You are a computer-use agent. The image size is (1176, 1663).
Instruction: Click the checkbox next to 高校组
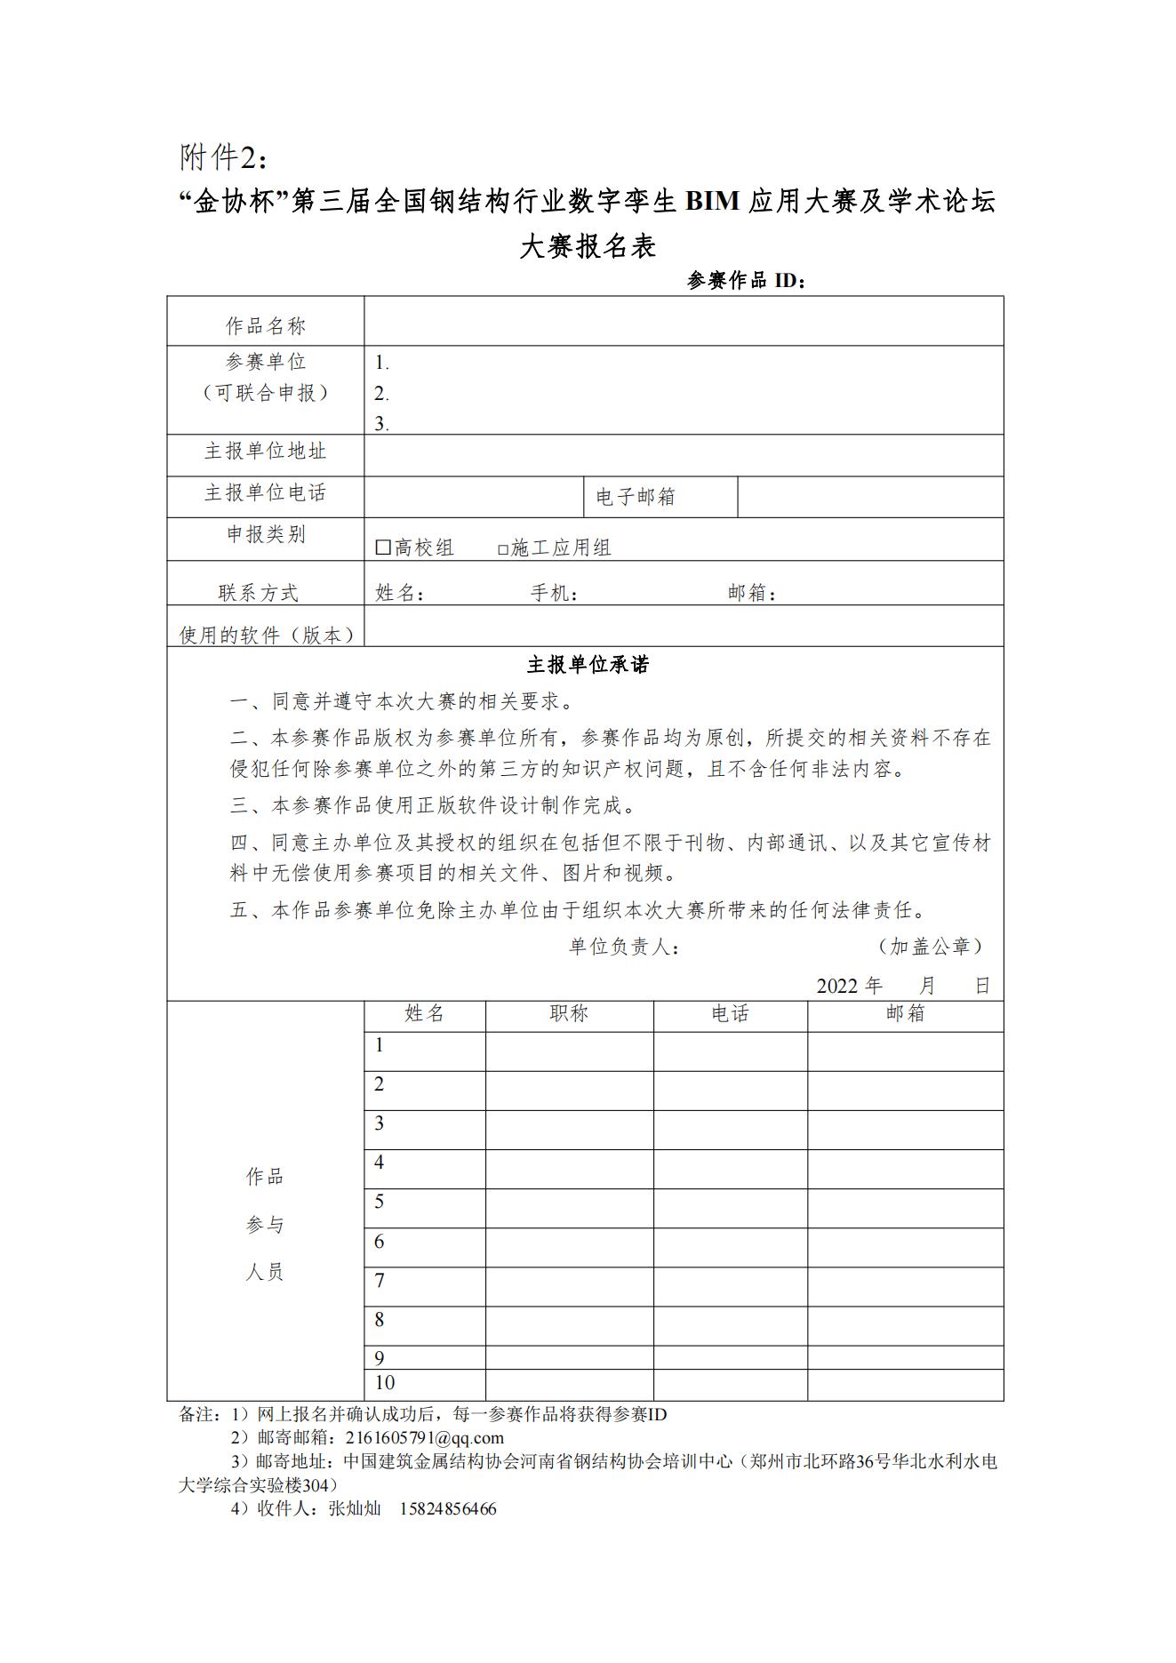point(383,548)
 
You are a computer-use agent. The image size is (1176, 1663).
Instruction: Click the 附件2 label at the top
point(223,157)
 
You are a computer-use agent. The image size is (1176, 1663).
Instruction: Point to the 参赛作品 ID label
point(746,281)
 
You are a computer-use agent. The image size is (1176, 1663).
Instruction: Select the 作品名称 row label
point(266,326)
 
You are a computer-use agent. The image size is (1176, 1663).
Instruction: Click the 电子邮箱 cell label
point(636,497)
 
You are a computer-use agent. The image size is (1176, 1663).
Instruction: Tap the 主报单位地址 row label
point(266,451)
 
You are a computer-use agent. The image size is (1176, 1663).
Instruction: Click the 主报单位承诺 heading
point(588,665)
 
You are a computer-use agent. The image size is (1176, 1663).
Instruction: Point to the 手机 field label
point(555,593)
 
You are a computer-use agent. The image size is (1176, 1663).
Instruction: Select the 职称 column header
point(569,1013)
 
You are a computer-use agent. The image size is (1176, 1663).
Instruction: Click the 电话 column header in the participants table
point(730,1013)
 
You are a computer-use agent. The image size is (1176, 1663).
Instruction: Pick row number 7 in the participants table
point(380,1281)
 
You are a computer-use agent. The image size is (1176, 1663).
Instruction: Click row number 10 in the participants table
point(385,1382)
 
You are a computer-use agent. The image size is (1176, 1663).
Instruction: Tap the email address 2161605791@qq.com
point(425,1437)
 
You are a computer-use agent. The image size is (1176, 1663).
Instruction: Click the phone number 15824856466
point(448,1508)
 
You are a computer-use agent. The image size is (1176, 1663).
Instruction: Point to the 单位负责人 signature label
point(625,947)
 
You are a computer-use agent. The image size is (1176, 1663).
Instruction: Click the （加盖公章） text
point(930,947)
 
